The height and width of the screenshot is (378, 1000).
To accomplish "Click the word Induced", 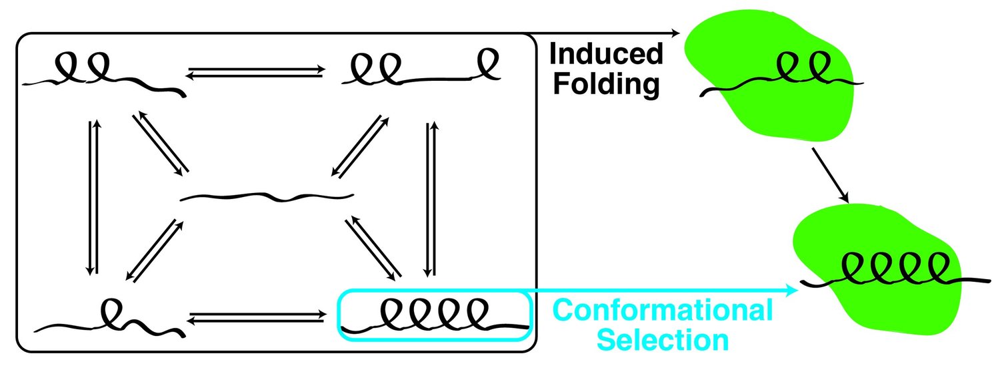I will [606, 55].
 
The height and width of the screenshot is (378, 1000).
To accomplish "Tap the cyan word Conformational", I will [663, 311].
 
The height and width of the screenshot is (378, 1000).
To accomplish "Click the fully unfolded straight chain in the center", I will [267, 196].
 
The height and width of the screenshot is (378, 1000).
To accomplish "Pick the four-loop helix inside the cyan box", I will [433, 314].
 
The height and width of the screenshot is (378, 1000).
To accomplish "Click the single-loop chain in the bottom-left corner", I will [110, 319].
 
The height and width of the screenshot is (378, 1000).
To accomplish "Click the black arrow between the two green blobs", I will [830, 175].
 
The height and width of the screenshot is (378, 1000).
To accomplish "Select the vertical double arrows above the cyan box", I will [430, 199].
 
